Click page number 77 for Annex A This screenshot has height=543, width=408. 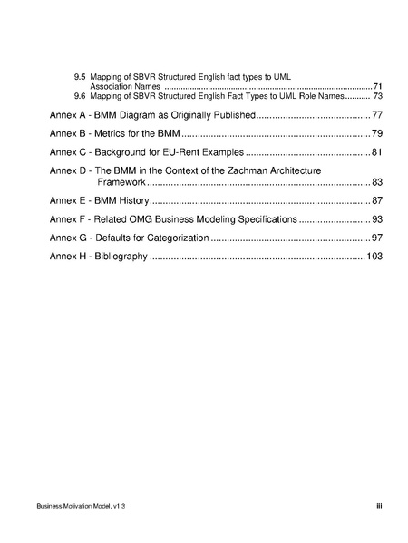(377, 116)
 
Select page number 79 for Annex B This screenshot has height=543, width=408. (377, 133)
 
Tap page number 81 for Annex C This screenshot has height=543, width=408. (377, 150)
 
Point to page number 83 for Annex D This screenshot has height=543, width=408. (377, 182)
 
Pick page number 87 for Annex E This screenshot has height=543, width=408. (377, 200)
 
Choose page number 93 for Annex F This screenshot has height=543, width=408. (377, 219)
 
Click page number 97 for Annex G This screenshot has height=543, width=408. (377, 238)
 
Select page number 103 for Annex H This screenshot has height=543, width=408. (374, 257)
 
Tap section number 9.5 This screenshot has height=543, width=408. (81, 78)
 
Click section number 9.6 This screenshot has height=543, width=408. (81, 95)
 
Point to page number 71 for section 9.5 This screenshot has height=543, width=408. (377, 87)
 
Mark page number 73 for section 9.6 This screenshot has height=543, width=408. (377, 95)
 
